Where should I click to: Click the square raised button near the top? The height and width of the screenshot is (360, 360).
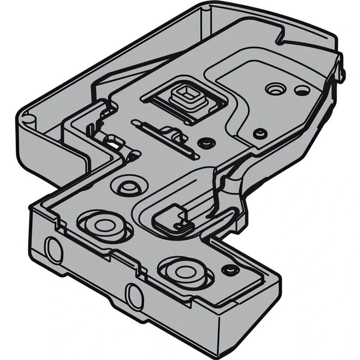(184, 95)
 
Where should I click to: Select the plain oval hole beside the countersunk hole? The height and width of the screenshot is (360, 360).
(299, 90)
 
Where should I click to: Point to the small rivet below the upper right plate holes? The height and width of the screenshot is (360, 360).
(260, 133)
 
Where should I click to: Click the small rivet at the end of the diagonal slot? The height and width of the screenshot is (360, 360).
(207, 143)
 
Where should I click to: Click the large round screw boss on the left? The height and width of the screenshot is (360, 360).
(103, 224)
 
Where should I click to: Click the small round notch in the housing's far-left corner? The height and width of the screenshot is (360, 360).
(28, 118)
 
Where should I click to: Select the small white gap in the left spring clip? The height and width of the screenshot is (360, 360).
(116, 145)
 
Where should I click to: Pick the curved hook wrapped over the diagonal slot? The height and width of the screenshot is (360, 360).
(173, 132)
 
